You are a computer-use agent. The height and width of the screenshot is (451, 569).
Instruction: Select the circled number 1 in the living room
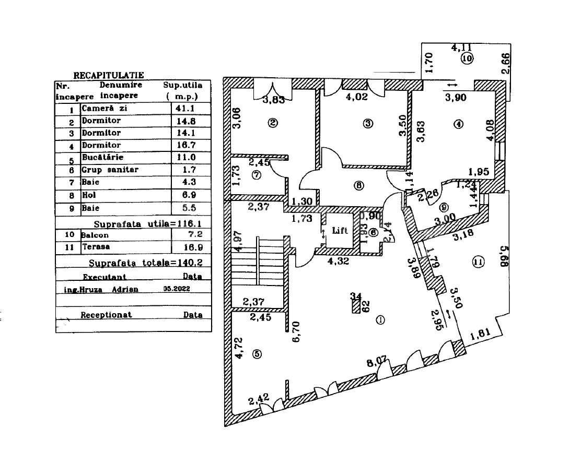pos(380,320)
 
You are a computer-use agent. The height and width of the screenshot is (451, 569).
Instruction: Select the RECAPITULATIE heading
pos(108,76)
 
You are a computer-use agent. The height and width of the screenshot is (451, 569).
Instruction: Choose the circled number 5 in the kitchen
pos(256,354)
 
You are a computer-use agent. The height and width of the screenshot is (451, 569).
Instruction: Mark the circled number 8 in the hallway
pos(358,184)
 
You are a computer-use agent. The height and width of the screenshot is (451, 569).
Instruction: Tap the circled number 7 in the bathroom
pos(256,175)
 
